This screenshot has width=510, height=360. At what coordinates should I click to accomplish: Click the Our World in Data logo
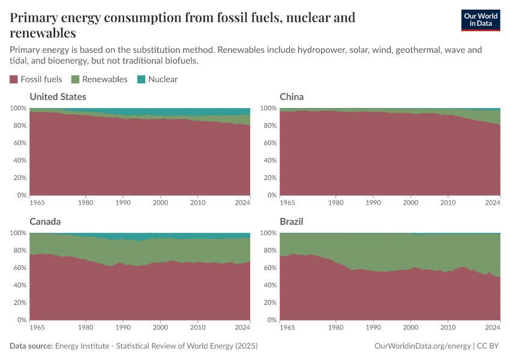click(481, 20)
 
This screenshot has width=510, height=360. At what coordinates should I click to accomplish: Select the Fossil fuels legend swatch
click(14, 79)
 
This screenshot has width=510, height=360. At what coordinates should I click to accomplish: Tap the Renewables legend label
click(105, 79)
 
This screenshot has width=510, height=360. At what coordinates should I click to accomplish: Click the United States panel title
click(58, 97)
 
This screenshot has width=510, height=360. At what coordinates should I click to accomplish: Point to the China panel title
click(292, 97)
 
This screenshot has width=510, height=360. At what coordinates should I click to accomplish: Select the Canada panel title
click(45, 221)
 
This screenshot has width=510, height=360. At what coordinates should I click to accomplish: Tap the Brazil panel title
click(291, 221)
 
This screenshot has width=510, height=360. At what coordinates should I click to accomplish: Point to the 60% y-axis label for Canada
click(19, 268)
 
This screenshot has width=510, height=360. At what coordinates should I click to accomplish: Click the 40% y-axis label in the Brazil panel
click(269, 285)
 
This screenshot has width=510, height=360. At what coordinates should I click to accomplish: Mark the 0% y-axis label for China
click(272, 195)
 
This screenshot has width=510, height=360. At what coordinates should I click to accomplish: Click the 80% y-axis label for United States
click(19, 125)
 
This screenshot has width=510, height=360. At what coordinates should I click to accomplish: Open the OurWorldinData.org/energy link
click(422, 346)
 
